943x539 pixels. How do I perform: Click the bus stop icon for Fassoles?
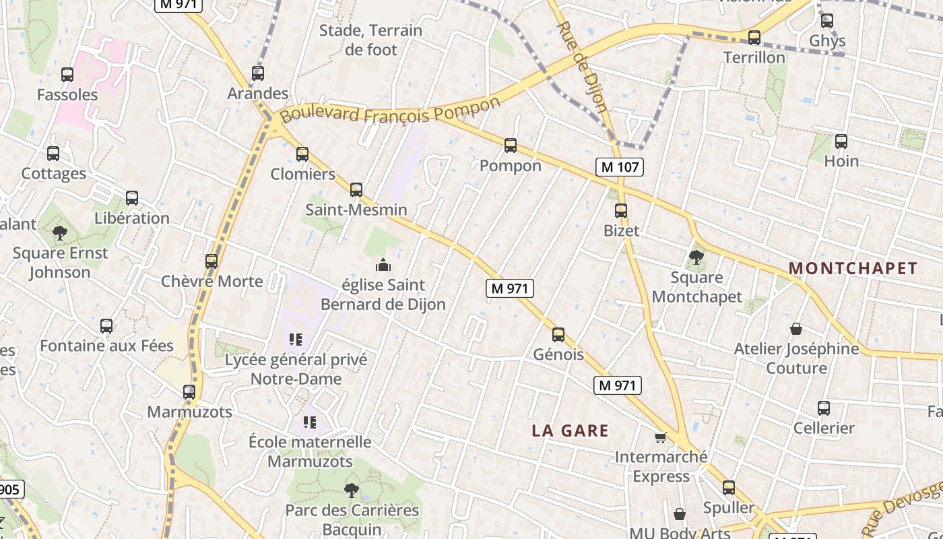coord(67,75)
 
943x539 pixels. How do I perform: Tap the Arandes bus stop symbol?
coord(258,73)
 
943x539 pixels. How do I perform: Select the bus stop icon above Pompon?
coord(511,146)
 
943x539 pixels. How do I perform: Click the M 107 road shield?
coord(620,166)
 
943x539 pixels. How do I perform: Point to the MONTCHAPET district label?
coord(853,268)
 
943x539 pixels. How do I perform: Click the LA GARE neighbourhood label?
coord(570,431)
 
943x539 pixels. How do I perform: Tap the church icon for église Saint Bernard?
coord(383,265)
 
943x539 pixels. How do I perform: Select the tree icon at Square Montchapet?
coord(696,257)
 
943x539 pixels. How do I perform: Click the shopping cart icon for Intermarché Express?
coord(661,437)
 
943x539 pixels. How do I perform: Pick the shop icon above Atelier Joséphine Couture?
coord(796,329)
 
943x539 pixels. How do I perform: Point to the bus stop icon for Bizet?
coord(621,210)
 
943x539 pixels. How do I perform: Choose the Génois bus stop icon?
coord(558,334)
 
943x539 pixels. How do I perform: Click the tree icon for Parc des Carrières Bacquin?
coord(351,490)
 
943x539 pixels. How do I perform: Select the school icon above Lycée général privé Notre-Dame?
coord(295,340)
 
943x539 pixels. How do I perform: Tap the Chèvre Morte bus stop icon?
coord(212,261)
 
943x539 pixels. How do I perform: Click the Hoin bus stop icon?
coord(841,141)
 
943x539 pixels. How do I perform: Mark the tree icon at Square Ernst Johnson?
coord(60,233)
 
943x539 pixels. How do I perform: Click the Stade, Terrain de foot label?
coord(370,40)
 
